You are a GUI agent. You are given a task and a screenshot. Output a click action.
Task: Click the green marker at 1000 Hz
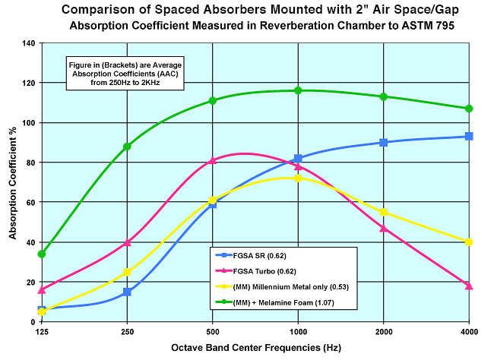(298, 90)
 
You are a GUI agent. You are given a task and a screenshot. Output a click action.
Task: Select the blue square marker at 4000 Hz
(469, 136)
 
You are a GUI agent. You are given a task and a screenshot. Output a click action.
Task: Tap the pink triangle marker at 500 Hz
(213, 160)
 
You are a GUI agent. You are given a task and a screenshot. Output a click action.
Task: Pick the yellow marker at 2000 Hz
(383, 212)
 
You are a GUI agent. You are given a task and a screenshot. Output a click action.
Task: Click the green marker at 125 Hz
(42, 254)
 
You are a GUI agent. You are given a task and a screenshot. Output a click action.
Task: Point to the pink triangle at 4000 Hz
(469, 286)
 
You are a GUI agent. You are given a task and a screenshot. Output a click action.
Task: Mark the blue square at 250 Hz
(127, 292)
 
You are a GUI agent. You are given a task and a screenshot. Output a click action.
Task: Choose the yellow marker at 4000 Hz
(469, 242)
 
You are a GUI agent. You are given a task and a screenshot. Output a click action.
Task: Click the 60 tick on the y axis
(28, 202)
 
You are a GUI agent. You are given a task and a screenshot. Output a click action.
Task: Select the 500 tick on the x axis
(213, 332)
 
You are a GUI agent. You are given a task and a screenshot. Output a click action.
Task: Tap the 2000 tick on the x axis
(383, 332)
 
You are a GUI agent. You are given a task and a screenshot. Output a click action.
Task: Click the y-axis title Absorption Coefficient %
(12, 182)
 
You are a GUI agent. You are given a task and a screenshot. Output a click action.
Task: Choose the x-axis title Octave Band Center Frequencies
(255, 348)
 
